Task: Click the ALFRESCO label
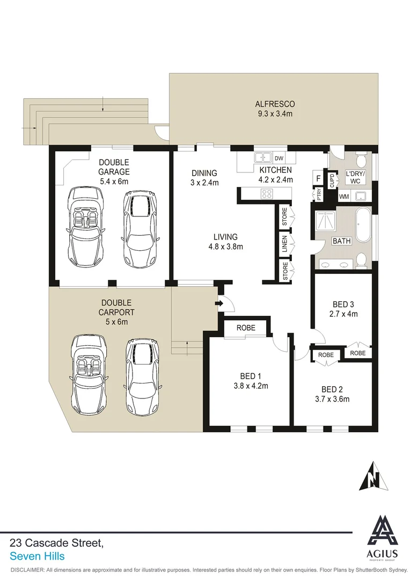point(274,104)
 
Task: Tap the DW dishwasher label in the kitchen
point(279,158)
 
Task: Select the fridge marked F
point(318,178)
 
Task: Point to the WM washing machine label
point(343,197)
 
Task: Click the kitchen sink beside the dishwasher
point(262,158)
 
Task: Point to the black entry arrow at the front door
point(219,304)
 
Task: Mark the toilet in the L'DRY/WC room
point(361,161)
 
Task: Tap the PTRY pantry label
point(319,197)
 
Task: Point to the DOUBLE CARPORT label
point(117,308)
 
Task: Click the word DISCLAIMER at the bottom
point(27,569)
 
